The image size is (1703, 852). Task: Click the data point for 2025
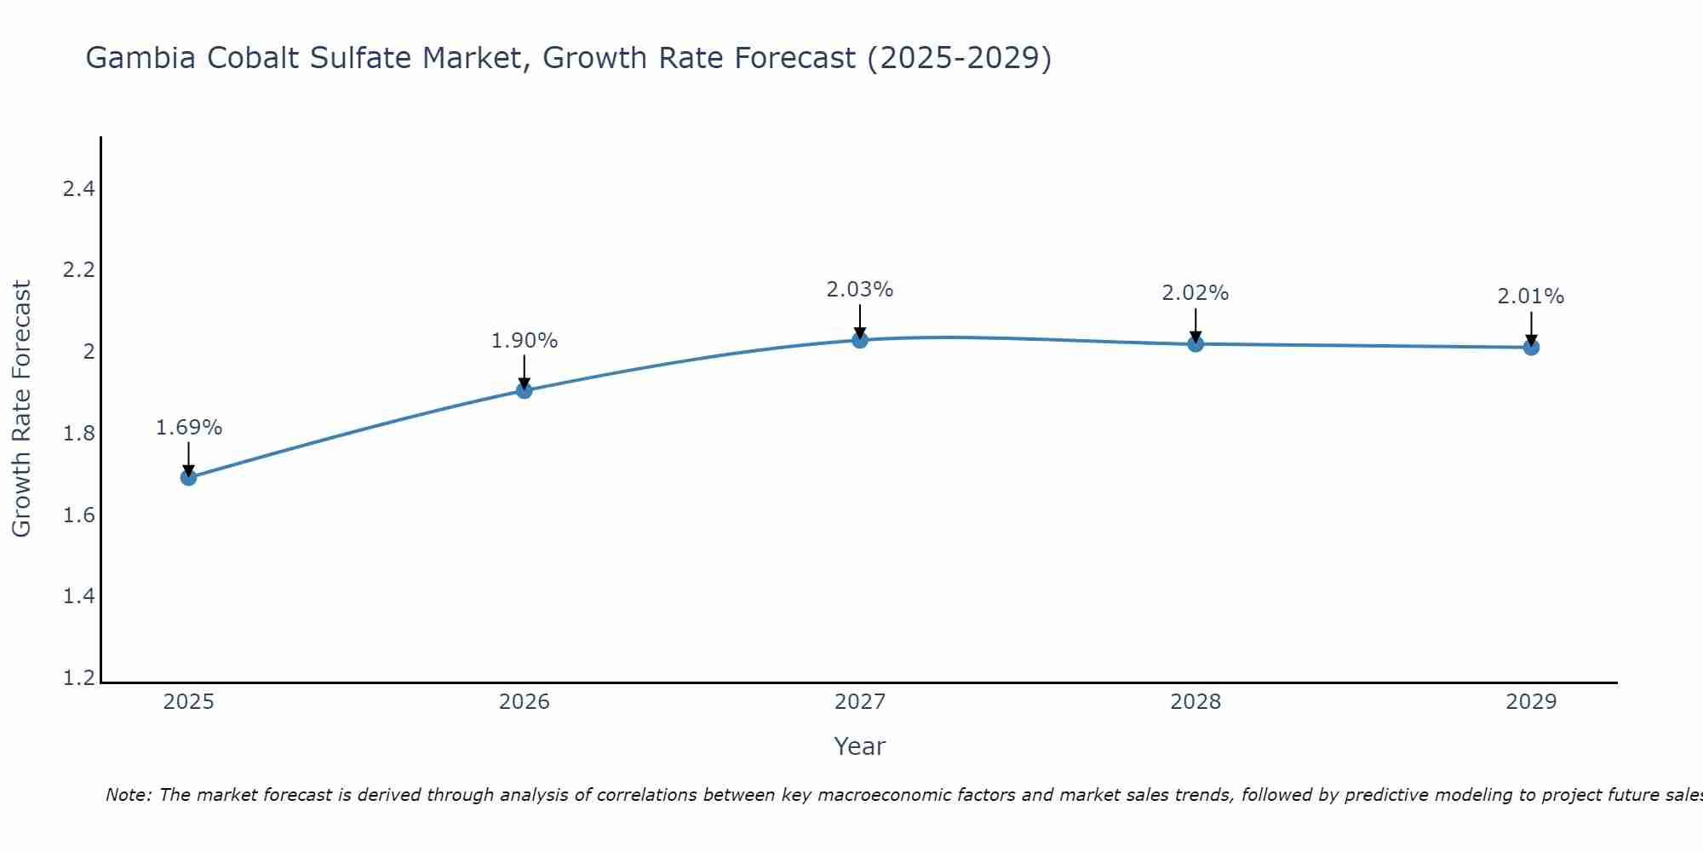(x=189, y=477)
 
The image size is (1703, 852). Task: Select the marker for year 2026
(x=525, y=390)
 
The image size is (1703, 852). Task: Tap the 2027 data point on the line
(x=860, y=340)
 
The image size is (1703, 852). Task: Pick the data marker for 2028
(x=1196, y=344)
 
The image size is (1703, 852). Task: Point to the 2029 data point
(x=1531, y=348)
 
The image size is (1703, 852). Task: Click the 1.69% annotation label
(x=189, y=428)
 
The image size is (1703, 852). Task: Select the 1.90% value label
(x=525, y=341)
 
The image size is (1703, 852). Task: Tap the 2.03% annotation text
(x=860, y=290)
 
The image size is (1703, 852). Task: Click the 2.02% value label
(x=1196, y=293)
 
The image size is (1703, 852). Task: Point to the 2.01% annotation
(x=1531, y=296)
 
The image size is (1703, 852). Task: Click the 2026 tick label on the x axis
(x=525, y=702)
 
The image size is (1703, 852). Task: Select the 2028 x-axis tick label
(x=1196, y=702)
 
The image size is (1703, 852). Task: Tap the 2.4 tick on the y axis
(x=78, y=189)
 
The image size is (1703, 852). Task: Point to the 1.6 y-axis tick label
(x=78, y=515)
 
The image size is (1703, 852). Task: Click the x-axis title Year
(x=860, y=746)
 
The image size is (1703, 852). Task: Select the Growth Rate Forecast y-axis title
(x=21, y=409)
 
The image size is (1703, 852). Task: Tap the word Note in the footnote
(x=128, y=795)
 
